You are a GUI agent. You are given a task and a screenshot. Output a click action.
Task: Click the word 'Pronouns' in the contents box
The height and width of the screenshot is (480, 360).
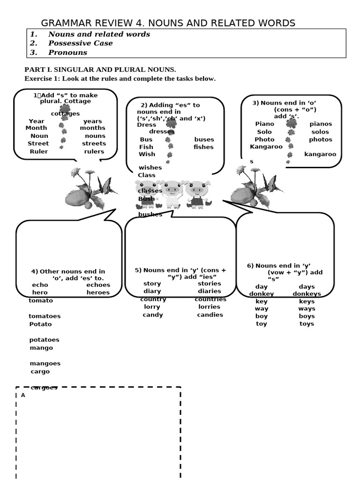[67, 52]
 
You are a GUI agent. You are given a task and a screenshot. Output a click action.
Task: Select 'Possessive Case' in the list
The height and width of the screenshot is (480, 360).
[80, 43]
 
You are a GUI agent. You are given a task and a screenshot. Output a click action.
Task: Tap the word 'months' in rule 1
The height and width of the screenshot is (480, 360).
[92, 128]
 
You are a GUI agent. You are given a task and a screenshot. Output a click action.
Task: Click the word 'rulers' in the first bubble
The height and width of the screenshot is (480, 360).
[94, 151]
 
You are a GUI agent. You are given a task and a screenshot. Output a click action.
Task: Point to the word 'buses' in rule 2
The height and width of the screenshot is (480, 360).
[204, 139]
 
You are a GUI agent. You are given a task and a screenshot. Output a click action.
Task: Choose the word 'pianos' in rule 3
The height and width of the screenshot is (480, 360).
[321, 124]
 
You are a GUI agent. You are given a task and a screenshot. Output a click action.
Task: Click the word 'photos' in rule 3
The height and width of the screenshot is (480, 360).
[321, 139]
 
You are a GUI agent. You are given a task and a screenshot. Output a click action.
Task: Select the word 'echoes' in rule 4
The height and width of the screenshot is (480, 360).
[98, 285]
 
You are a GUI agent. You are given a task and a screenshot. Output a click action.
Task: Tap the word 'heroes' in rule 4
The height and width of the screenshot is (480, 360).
[98, 292]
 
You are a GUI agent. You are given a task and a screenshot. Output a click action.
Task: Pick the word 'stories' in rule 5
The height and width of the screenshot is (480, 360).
[209, 284]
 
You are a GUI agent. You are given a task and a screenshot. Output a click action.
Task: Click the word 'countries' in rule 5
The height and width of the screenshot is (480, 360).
[210, 299]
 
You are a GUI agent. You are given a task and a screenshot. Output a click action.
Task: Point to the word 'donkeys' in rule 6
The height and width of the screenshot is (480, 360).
[307, 294]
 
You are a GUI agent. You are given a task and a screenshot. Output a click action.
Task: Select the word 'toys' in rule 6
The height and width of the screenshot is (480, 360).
[307, 324]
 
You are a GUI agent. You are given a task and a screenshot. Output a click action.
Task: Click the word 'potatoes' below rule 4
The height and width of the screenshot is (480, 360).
[45, 340]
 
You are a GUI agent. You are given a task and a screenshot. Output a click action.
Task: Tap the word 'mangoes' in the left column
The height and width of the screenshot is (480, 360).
[45, 363]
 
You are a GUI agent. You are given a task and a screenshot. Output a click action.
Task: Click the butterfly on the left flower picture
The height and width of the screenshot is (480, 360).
[105, 186]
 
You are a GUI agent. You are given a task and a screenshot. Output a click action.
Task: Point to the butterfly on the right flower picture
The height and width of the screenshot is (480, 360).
[271, 183]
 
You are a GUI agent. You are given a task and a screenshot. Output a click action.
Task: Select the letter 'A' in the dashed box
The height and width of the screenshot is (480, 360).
[23, 395]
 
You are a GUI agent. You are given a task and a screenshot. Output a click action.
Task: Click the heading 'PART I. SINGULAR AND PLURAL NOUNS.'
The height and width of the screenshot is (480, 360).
[100, 69]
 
